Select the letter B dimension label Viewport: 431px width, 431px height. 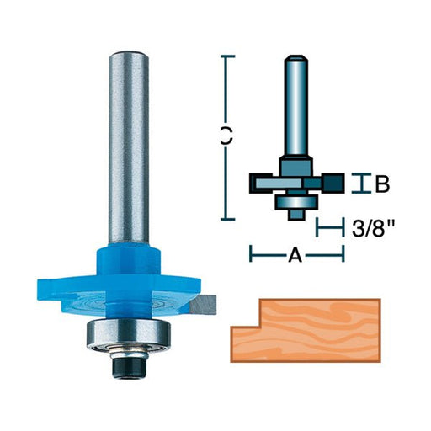[382, 184]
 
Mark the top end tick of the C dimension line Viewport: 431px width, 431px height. [226, 56]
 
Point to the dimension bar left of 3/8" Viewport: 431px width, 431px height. [327, 227]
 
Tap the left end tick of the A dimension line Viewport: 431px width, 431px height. [251, 252]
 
